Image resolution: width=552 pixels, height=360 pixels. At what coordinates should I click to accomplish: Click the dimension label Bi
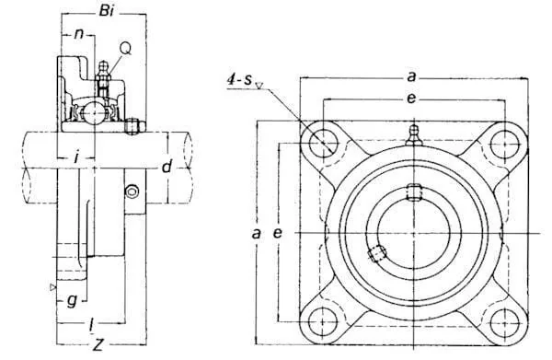107,11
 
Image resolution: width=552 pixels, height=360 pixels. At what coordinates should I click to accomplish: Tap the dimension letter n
79,34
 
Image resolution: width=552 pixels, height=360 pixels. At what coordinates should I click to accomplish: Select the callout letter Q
126,48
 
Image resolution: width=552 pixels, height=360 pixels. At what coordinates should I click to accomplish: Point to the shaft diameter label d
167,166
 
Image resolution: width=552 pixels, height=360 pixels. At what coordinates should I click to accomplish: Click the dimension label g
72,301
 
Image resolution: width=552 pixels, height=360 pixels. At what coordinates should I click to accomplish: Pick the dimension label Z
98,344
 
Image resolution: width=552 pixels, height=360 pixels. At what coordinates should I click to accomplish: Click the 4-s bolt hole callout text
240,80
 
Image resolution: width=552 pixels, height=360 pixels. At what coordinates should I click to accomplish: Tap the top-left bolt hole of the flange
323,144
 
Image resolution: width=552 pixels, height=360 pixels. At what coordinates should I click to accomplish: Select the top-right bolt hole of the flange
505,145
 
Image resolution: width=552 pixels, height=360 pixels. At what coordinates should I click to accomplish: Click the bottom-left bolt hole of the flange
323,321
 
